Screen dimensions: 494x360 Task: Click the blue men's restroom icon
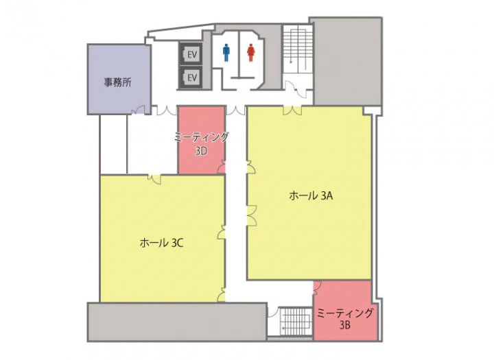(226, 53)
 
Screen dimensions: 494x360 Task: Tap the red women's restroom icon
(251, 53)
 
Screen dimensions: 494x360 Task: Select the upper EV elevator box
(191, 54)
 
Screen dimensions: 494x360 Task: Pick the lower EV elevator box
(191, 77)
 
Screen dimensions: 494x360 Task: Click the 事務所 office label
(117, 82)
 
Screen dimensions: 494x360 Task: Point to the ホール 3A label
(311, 196)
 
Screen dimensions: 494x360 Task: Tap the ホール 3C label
(161, 243)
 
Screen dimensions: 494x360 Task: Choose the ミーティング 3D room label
(202, 143)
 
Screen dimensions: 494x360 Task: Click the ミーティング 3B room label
(345, 319)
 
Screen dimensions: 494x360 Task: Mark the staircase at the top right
(297, 49)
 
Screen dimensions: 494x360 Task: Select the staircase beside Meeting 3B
(296, 321)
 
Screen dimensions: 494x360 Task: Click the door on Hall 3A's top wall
(293, 110)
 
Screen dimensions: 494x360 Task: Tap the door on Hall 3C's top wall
(154, 178)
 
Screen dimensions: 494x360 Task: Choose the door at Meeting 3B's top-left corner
(317, 286)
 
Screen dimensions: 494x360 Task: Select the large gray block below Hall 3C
(178, 322)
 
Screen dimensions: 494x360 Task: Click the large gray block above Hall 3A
(347, 61)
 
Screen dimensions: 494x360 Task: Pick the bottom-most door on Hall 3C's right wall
(222, 294)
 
